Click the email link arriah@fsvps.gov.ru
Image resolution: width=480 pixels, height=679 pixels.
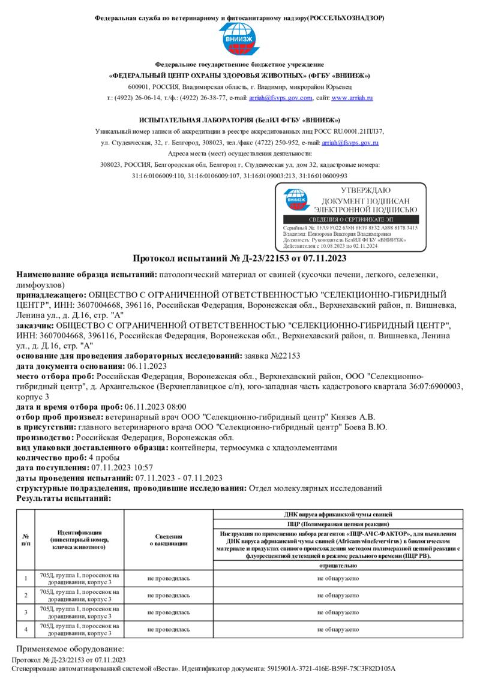tap(350, 143)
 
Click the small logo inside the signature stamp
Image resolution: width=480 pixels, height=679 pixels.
tap(295, 201)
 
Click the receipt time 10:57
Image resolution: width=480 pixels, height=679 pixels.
tap(141, 467)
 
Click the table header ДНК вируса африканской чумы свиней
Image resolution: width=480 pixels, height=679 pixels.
tap(338, 515)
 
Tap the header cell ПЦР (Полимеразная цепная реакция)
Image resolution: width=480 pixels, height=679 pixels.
tap(338, 524)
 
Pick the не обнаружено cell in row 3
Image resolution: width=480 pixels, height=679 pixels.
tap(338, 612)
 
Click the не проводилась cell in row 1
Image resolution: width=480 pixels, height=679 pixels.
tap(168, 578)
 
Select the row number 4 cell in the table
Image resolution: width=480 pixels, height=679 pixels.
tap(26, 629)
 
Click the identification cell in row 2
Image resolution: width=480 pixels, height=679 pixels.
tap(79, 595)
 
